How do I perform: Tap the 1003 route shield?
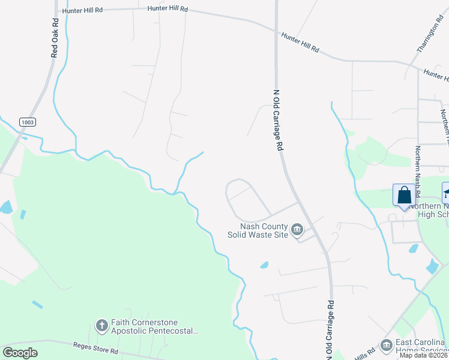[27, 122]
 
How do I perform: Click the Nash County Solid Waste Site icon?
[297, 230]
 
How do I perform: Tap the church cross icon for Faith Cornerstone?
[101, 326]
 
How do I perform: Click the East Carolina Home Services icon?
[386, 345]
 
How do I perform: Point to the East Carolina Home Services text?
[420, 346]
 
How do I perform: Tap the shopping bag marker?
[404, 196]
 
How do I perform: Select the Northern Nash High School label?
[428, 211]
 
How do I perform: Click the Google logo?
[20, 353]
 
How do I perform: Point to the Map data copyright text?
[423, 355]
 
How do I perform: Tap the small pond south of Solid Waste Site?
[264, 265]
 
